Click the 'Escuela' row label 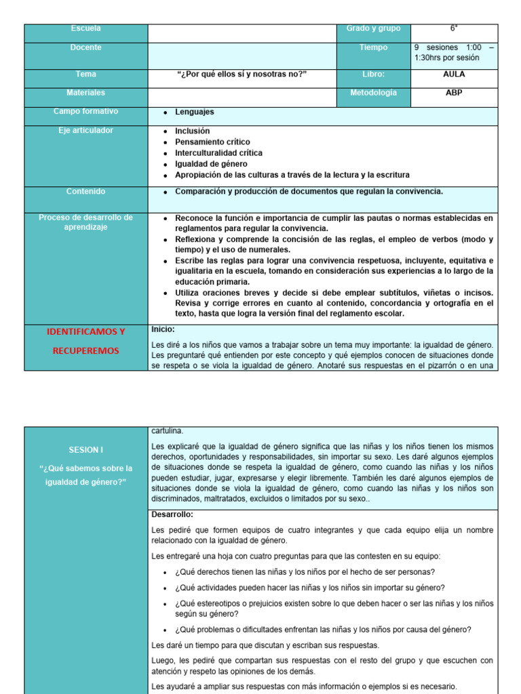(x=85, y=28)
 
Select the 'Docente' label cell (x=85, y=47)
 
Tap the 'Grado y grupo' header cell (x=373, y=28)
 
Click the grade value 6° (x=454, y=28)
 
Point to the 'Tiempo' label (x=373, y=47)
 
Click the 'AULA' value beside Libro (x=454, y=75)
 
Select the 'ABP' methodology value (x=454, y=93)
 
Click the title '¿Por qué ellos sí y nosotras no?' (x=242, y=75)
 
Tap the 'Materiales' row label (x=85, y=93)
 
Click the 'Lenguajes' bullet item (x=194, y=113)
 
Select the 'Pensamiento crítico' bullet (x=213, y=142)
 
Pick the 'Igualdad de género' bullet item (x=211, y=164)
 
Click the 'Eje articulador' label (x=85, y=130)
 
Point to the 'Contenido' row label (x=85, y=192)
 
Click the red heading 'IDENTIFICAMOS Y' (x=85, y=331)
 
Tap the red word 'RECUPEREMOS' (x=85, y=350)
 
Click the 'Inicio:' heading (x=163, y=329)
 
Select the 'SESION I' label (x=85, y=449)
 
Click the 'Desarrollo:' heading (x=172, y=514)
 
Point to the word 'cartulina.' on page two (x=167, y=430)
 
